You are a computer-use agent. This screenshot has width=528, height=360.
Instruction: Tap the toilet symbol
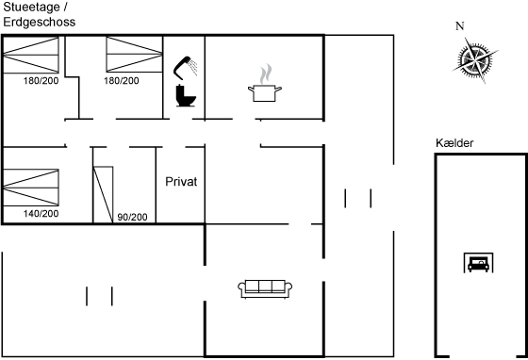(186, 95)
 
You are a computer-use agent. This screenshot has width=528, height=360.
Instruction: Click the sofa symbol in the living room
(265, 288)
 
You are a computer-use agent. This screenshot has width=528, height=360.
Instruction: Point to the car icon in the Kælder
(479, 263)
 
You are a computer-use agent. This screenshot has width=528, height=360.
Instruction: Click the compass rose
(475, 60)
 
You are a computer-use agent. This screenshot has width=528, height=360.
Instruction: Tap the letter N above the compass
(460, 25)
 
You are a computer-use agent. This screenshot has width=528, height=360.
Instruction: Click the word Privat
(181, 182)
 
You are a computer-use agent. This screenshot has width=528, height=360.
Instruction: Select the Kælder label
(454, 143)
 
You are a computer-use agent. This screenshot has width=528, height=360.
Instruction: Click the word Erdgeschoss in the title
(40, 23)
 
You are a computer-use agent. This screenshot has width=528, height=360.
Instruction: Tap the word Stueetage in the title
(32, 7)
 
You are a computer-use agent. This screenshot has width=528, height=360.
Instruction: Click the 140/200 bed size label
(41, 213)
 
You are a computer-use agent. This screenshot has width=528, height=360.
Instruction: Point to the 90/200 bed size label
(132, 217)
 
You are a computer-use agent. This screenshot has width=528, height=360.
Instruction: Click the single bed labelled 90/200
(103, 194)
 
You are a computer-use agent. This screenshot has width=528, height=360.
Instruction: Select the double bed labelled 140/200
(31, 188)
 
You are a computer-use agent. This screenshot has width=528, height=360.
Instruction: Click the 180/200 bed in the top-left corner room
(31, 55)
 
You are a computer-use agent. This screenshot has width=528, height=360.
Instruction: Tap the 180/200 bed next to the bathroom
(134, 54)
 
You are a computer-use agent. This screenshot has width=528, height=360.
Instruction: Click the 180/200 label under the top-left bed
(41, 81)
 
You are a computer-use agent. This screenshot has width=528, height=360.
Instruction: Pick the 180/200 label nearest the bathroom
(122, 81)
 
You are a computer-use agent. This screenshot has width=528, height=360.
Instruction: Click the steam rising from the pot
(266, 74)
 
